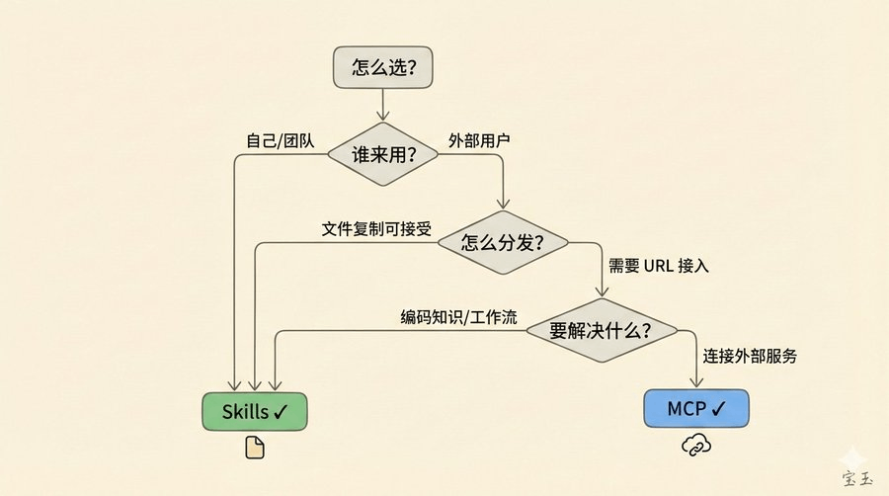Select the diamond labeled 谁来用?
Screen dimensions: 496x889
[x=383, y=155]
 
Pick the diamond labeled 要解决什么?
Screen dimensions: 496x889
[x=601, y=330]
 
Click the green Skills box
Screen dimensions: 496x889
[x=255, y=410]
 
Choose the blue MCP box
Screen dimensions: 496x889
[x=696, y=408]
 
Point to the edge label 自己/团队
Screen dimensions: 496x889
[x=280, y=140]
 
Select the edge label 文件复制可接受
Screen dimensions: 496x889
[x=377, y=228]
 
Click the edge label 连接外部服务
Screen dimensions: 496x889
[x=750, y=355]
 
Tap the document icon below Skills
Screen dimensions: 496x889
[x=255, y=449]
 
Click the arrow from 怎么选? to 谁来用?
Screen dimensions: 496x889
[x=383, y=104]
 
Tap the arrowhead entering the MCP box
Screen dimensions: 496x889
[x=696, y=385]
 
